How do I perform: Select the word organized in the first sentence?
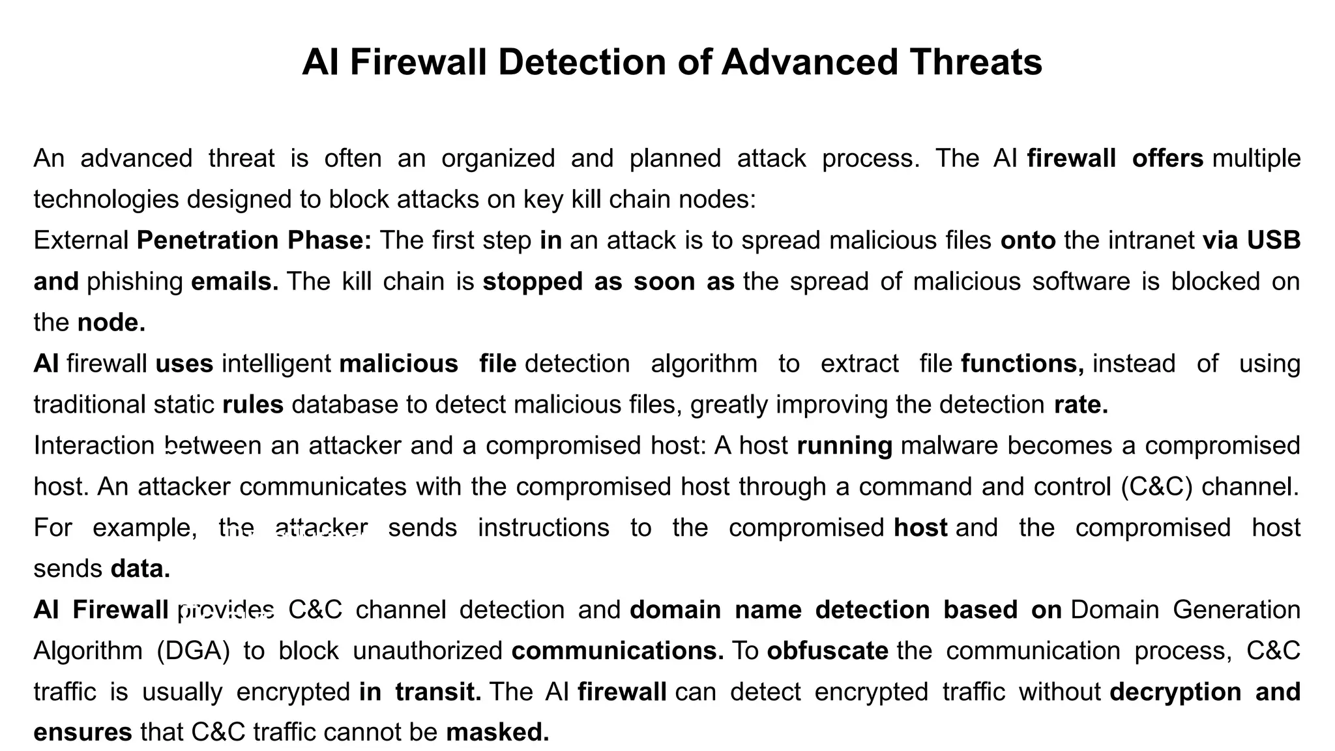498,158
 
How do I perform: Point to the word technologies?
106,199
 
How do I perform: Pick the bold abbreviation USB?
1274,241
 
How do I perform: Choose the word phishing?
135,282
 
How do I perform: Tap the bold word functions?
1022,364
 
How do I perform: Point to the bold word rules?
253,405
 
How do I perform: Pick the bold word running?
844,446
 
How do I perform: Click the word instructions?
544,528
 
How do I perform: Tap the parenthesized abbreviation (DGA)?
194,651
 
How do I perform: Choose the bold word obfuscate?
827,651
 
